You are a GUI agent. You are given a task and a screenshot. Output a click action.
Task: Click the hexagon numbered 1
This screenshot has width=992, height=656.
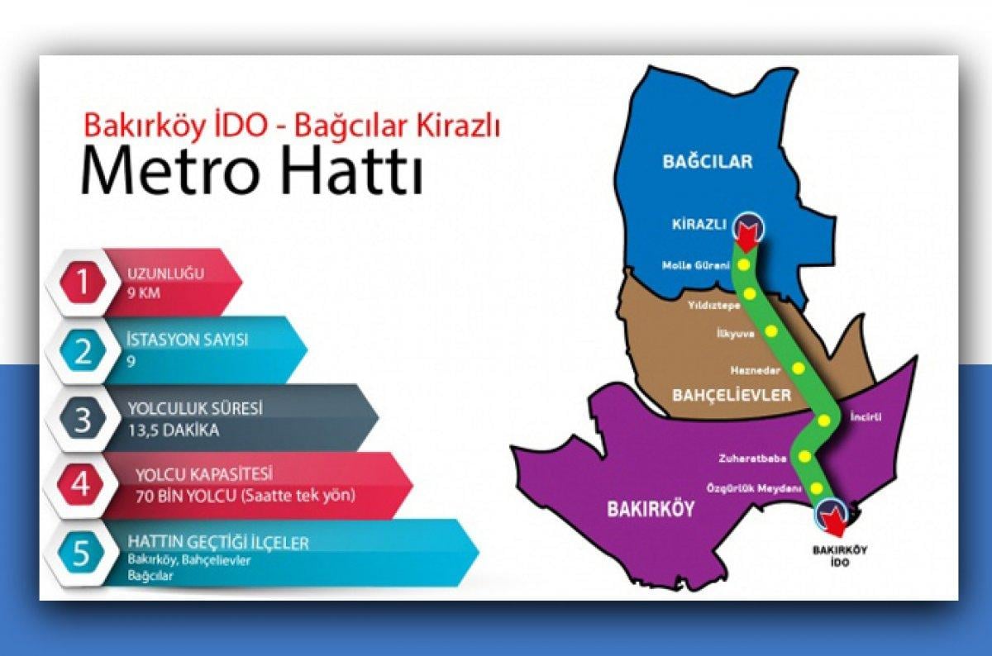pyautogui.click(x=81, y=282)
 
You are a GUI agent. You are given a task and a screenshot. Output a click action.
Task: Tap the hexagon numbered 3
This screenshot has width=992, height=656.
pyautogui.click(x=81, y=419)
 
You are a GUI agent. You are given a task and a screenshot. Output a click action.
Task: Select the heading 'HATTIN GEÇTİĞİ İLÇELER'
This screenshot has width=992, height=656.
pyautogui.click(x=218, y=543)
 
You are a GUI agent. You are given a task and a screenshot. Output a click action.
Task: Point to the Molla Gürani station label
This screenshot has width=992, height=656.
pyautogui.click(x=696, y=265)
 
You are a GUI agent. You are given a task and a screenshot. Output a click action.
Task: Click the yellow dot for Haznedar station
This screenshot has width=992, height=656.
pyautogui.click(x=799, y=368)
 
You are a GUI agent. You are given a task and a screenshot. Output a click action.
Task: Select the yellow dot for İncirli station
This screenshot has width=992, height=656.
pyautogui.click(x=824, y=421)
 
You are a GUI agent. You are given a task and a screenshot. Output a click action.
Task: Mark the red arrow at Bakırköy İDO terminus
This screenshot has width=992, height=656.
pyautogui.click(x=835, y=520)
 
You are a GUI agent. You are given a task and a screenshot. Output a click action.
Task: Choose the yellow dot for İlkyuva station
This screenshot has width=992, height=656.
pyautogui.click(x=772, y=332)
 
